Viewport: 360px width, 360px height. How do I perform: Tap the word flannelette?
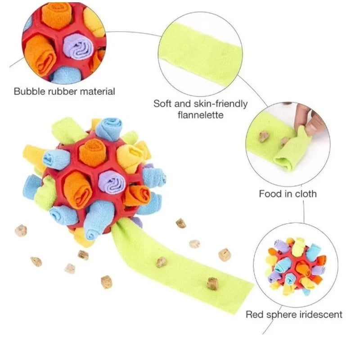pos(200,115)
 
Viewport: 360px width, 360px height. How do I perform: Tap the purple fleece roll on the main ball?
pos(112,183)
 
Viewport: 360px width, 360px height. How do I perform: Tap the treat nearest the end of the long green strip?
pos(212,283)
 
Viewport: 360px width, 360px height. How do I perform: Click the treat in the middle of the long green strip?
pos(162,262)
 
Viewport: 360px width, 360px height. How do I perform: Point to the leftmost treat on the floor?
pos(21,230)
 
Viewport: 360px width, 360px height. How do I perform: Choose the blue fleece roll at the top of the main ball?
pos(109,129)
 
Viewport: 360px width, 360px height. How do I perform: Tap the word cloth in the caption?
pos(306,194)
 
